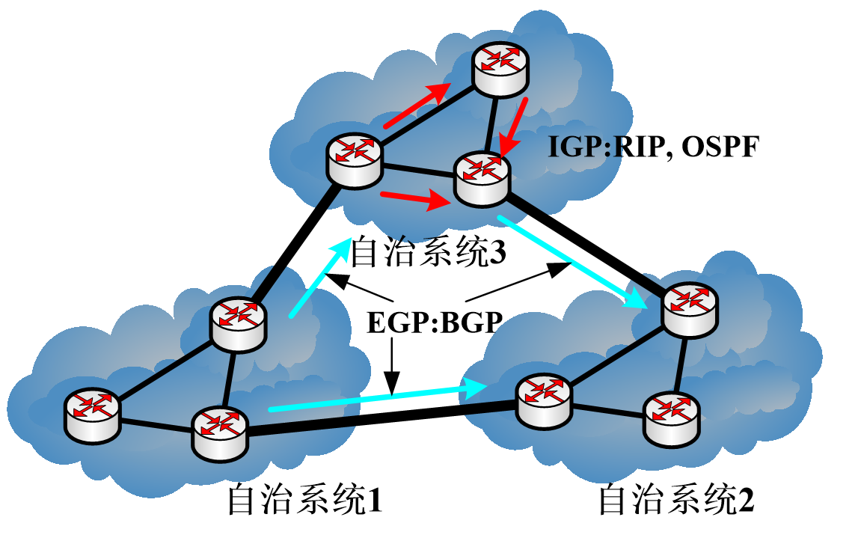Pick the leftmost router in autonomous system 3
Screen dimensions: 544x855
[x=355, y=159]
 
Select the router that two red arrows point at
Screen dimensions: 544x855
[x=483, y=177]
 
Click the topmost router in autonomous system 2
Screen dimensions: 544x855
[x=687, y=307]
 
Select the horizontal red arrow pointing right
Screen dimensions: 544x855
[x=415, y=199]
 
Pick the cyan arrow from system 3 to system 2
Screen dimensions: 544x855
[x=573, y=263]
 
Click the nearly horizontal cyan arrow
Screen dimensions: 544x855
[x=378, y=398]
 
